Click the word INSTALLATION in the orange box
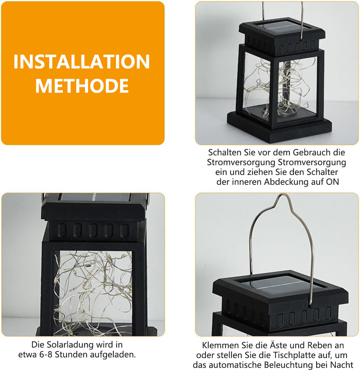(81, 62)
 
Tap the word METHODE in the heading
(82, 86)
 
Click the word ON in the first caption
(333, 182)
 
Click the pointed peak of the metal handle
(283, 195)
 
